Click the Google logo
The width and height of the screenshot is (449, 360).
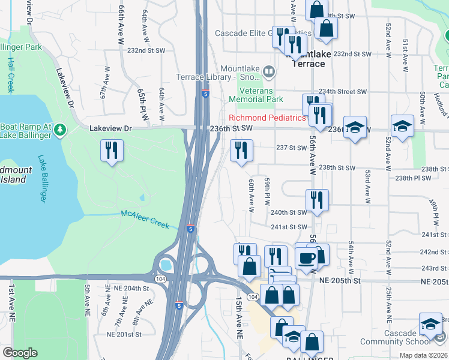[x=20, y=353]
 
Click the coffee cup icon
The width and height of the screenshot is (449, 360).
[x=306, y=257]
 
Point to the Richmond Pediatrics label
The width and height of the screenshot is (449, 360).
[x=267, y=118]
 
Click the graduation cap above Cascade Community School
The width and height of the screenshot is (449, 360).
[x=430, y=325]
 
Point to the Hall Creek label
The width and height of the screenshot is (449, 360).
[x=10, y=75]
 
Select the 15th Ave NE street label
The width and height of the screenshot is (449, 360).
[x=239, y=310]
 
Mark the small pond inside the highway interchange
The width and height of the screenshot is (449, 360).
[x=165, y=265]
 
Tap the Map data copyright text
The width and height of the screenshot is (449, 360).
[x=423, y=356]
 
